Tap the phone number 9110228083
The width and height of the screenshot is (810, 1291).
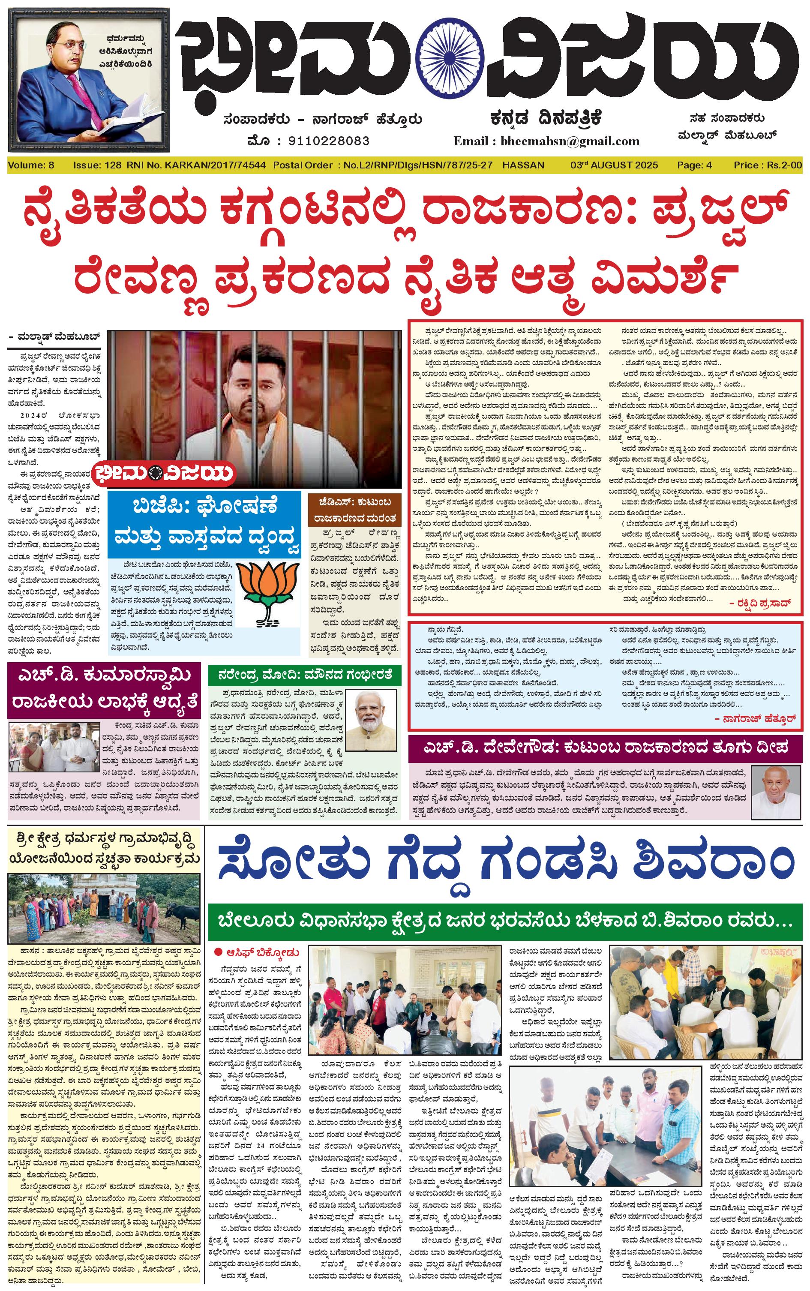click(x=328, y=141)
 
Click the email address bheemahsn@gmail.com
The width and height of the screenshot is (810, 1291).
click(x=570, y=141)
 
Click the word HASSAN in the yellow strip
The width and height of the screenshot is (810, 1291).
click(x=523, y=165)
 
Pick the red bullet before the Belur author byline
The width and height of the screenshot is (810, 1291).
click(x=218, y=952)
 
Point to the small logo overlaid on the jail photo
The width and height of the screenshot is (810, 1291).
click(x=165, y=472)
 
